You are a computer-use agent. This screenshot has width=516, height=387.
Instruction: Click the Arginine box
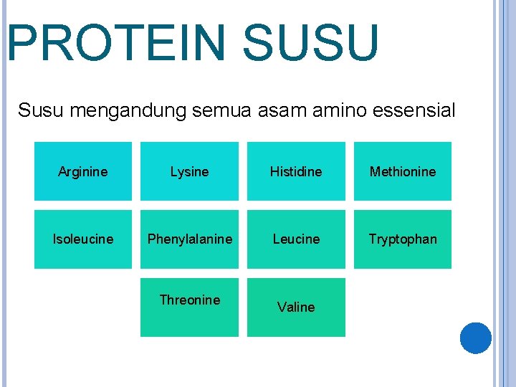[83, 171]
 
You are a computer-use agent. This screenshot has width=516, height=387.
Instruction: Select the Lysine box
[189, 171]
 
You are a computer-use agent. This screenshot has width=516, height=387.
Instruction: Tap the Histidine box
[296, 171]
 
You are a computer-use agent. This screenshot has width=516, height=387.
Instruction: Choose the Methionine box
[402, 171]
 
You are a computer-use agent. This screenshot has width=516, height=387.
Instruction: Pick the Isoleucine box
[83, 239]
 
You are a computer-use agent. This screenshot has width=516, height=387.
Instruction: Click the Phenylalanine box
[189, 239]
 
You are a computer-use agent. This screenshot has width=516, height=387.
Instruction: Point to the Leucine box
[296, 239]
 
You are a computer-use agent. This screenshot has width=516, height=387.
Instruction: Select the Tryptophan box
[402, 239]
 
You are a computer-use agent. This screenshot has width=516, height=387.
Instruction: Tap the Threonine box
[189, 307]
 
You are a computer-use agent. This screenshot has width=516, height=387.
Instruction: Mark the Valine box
[296, 307]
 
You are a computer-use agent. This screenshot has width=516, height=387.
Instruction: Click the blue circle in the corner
[475, 338]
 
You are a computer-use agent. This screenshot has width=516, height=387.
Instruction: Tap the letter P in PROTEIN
[21, 43]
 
